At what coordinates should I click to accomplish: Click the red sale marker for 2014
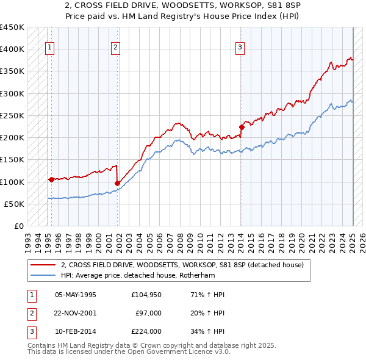tap(242, 127)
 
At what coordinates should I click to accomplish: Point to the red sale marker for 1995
tap(51, 179)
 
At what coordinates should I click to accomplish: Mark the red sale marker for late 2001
tap(117, 182)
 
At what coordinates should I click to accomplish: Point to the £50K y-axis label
tap(14, 204)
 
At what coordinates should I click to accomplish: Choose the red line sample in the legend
tap(43, 265)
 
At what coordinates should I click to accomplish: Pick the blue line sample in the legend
tap(43, 275)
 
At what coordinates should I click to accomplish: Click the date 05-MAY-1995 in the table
tap(76, 295)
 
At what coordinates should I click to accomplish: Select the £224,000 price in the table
tap(146, 331)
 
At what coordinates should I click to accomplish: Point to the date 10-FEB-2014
tap(76, 331)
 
